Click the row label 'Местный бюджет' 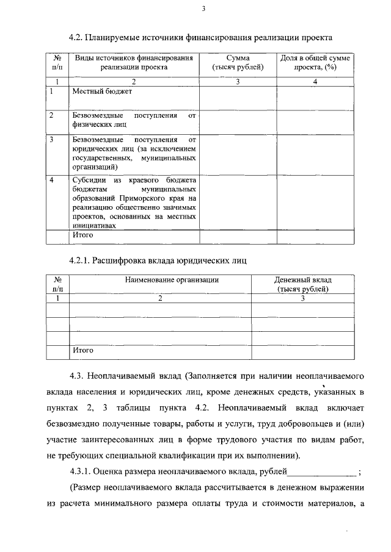point(102,91)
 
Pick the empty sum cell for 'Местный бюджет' point(238,98)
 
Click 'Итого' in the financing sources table point(82,235)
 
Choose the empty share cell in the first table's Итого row point(315,236)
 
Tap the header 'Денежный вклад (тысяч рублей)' point(303,284)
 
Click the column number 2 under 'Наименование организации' point(161,298)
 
